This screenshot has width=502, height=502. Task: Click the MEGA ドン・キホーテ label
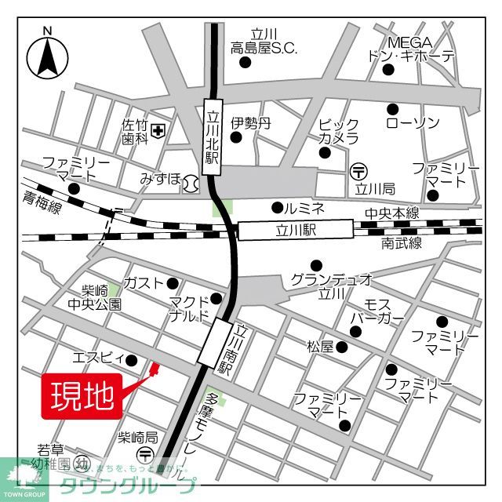(x=410, y=49)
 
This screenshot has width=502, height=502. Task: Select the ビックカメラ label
(x=339, y=131)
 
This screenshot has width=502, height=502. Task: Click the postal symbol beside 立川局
(x=359, y=169)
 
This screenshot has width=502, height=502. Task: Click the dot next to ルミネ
(x=276, y=208)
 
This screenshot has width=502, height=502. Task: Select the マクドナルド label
(x=188, y=309)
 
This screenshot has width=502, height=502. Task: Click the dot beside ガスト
(x=173, y=284)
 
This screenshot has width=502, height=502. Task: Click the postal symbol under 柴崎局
(x=146, y=455)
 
